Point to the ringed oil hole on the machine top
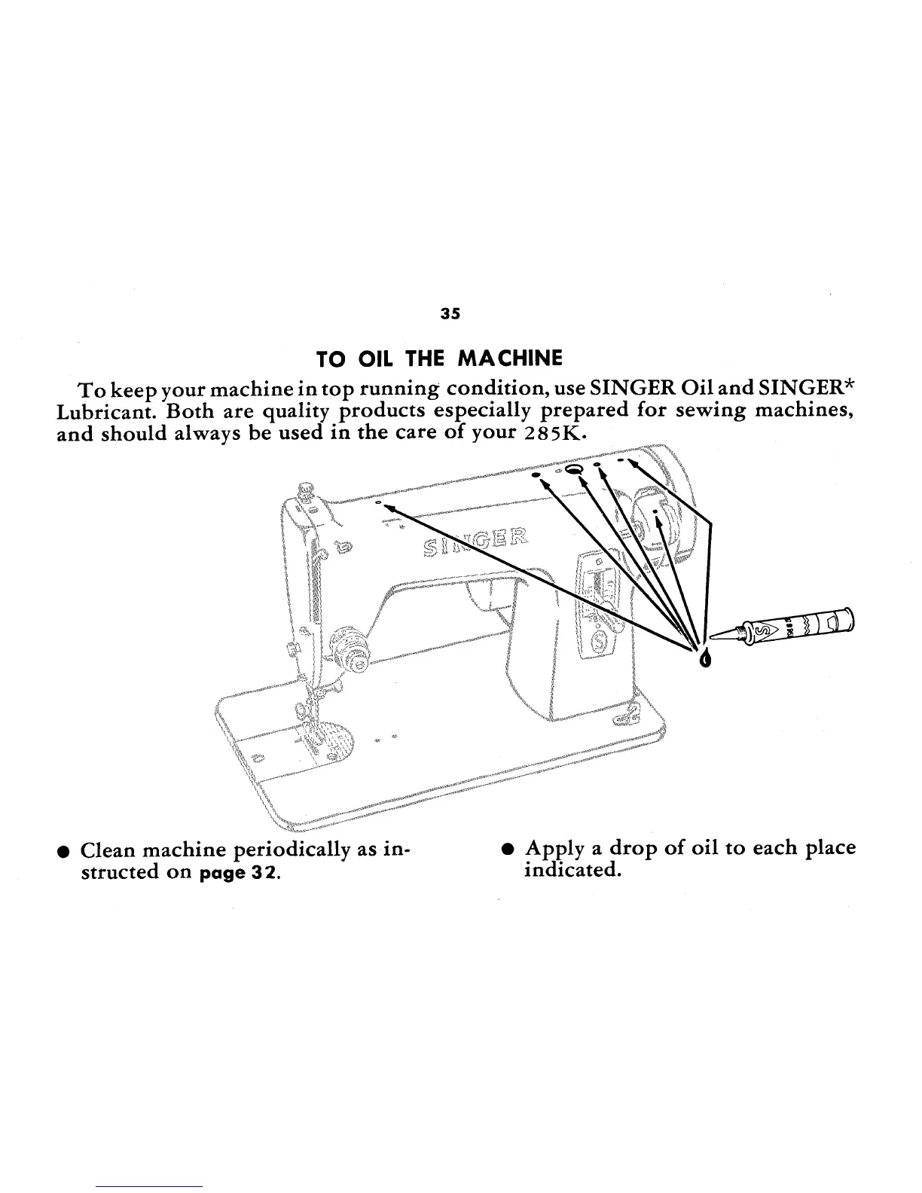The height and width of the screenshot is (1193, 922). tap(574, 469)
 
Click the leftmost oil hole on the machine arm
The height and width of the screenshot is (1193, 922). tap(379, 502)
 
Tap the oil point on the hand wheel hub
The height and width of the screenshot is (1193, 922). tap(656, 511)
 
